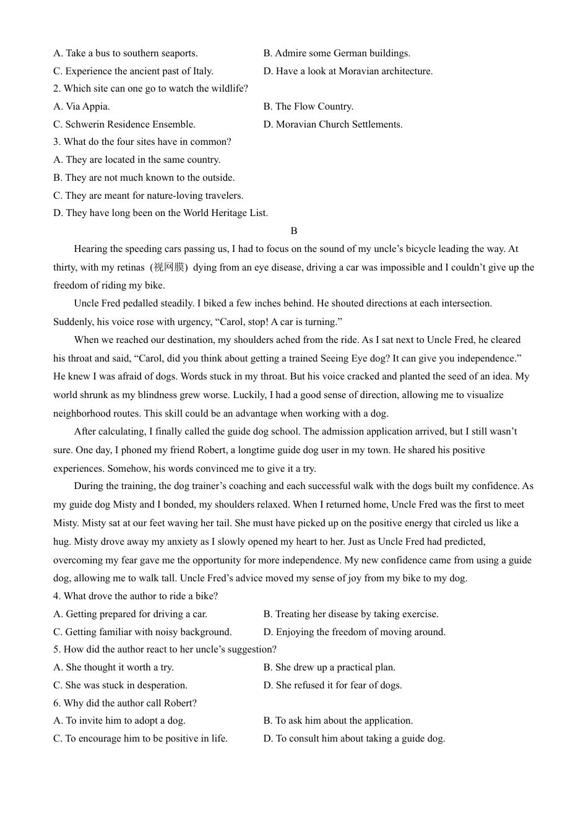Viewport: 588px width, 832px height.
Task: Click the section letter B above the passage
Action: [x=294, y=231]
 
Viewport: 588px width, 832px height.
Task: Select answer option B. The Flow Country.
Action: [x=308, y=106]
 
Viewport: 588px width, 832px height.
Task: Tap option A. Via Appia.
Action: [x=82, y=106]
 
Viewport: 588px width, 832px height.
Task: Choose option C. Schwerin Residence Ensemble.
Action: [x=124, y=124]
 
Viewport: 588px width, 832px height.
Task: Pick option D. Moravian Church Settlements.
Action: [x=333, y=124]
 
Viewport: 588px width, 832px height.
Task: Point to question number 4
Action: [x=56, y=596]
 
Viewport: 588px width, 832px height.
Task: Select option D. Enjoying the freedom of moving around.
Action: [x=354, y=632]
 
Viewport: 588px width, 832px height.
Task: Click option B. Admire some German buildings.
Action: [x=337, y=53]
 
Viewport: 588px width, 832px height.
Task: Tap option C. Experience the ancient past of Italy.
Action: [x=133, y=71]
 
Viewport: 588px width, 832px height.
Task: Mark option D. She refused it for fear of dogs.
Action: [x=332, y=685]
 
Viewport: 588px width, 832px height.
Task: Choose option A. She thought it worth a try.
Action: [x=113, y=667]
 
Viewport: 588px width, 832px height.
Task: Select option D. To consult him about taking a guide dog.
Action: [x=354, y=739]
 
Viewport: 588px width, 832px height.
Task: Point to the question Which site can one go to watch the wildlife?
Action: [x=150, y=89]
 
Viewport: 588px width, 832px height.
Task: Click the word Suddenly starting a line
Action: [x=72, y=322]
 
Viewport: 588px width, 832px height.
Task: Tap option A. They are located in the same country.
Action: [x=137, y=160]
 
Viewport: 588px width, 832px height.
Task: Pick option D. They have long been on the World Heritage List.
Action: [x=160, y=213]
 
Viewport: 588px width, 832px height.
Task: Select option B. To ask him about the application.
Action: [x=338, y=721]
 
